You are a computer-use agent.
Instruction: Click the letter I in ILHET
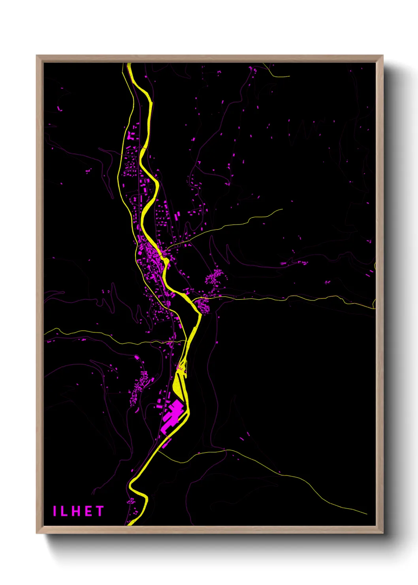pyautogui.click(x=55, y=511)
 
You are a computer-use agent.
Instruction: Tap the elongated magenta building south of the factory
pyautogui.click(x=166, y=443)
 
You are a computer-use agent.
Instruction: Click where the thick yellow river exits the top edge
pyautogui.click(x=129, y=64)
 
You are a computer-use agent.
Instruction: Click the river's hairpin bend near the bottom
pyautogui.click(x=131, y=485)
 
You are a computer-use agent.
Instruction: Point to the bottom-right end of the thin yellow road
pyautogui.click(x=366, y=513)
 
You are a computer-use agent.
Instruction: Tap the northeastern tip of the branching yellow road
pyautogui.click(x=282, y=209)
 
